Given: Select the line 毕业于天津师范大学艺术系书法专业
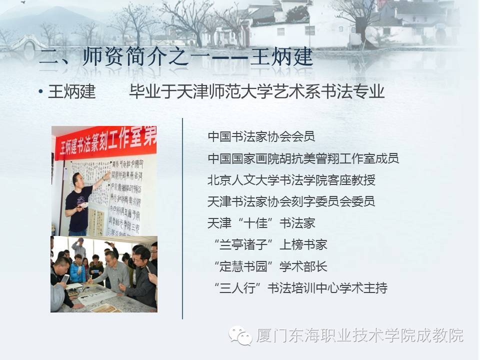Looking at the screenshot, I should coord(256,92).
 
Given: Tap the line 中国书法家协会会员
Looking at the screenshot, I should coord(261,136).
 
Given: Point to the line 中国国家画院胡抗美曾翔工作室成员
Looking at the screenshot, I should coord(303,158).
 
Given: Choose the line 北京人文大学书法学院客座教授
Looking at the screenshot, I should coord(291,180).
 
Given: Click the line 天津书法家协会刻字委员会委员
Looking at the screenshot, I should coord(291,201).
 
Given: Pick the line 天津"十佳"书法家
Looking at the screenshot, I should coord(261,223).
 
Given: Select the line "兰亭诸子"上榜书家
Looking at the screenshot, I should coord(270,244).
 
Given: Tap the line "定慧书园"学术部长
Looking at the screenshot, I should coord(270,266).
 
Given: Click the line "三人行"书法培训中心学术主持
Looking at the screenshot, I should coord(300,288).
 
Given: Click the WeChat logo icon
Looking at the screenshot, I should coord(241,335).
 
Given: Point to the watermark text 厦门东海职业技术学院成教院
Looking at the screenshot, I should coord(359,335).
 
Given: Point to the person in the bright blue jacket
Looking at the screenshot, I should coord(77,270).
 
